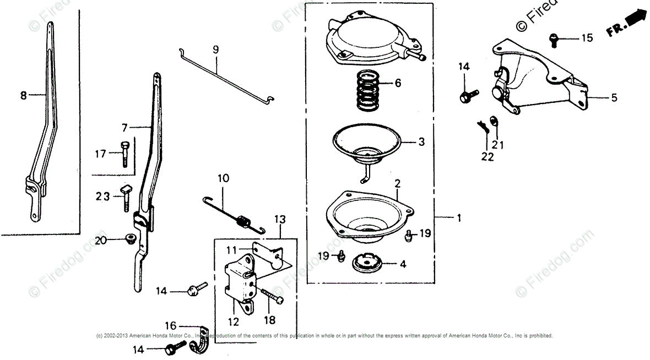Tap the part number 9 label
click(216, 50)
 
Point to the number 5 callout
click(614, 98)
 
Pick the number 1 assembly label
click(458, 218)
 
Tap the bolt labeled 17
click(124, 154)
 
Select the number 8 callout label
click(24, 95)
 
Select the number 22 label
click(487, 157)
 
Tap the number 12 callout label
click(233, 322)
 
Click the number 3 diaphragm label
click(421, 141)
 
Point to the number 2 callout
click(397, 182)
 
